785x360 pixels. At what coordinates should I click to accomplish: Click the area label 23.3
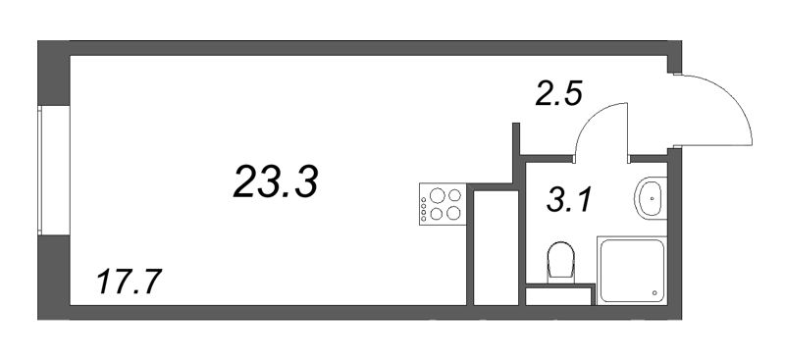point(276,181)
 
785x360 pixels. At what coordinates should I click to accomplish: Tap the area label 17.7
point(130,282)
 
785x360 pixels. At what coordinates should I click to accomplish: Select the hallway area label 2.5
point(558,94)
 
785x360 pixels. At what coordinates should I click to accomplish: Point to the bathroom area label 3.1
point(569,201)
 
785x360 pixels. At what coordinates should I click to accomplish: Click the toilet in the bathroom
point(560,261)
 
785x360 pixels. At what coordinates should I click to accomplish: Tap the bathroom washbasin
point(651,198)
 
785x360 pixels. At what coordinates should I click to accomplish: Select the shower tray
point(632,271)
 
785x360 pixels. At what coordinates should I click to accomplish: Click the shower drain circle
point(654,292)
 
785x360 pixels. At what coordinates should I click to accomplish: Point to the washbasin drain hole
point(653,198)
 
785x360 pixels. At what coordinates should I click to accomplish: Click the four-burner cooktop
point(443,204)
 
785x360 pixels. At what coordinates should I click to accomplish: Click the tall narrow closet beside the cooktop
point(496,247)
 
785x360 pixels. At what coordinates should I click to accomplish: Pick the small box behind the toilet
point(559,296)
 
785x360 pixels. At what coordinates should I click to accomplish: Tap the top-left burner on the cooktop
point(437,195)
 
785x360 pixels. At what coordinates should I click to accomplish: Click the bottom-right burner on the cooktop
point(453,213)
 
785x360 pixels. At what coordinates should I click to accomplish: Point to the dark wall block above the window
point(54,74)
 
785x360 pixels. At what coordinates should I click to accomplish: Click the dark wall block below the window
point(54,277)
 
